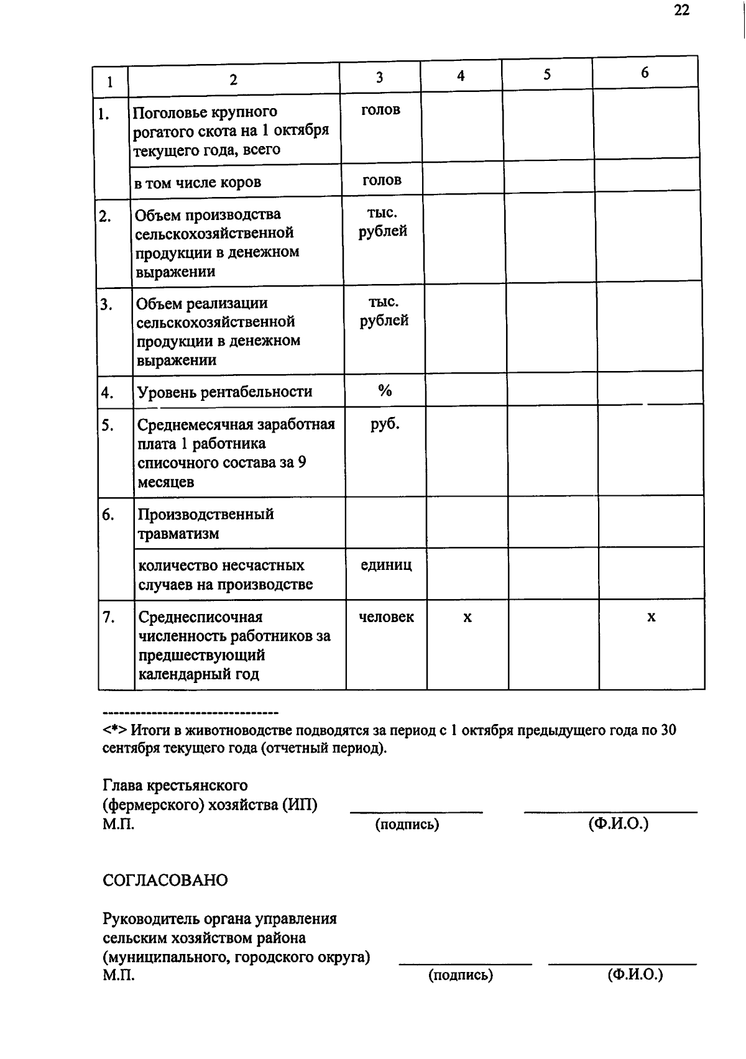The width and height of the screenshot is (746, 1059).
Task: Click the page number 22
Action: tap(681, 10)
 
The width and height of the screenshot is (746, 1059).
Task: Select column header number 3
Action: tap(379, 78)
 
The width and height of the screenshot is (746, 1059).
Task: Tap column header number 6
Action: tap(645, 73)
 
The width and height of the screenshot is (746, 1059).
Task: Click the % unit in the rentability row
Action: tap(385, 390)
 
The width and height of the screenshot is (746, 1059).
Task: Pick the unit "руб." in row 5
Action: tap(385, 424)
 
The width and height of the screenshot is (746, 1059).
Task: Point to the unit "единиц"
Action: tap(386, 565)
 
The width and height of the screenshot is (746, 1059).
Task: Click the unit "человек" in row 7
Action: tap(386, 617)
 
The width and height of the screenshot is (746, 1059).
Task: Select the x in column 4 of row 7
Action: tap(467, 617)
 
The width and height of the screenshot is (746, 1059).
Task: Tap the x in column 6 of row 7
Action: tap(651, 617)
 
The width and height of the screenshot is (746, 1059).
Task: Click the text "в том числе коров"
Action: tap(198, 183)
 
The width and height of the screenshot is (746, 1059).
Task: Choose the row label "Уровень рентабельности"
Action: tap(224, 392)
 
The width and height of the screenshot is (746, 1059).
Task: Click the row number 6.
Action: tap(108, 515)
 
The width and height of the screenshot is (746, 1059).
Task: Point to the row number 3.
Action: tap(106, 304)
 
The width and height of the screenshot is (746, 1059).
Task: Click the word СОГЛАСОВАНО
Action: tap(165, 880)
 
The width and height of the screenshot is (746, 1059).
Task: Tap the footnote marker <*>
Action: tap(115, 730)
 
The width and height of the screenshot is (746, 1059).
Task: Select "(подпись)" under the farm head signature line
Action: tap(407, 825)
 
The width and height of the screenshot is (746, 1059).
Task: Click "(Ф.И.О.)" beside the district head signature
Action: tap(635, 974)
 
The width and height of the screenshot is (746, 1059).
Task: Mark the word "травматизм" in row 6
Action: tap(178, 534)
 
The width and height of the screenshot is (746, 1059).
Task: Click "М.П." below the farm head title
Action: tap(118, 825)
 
